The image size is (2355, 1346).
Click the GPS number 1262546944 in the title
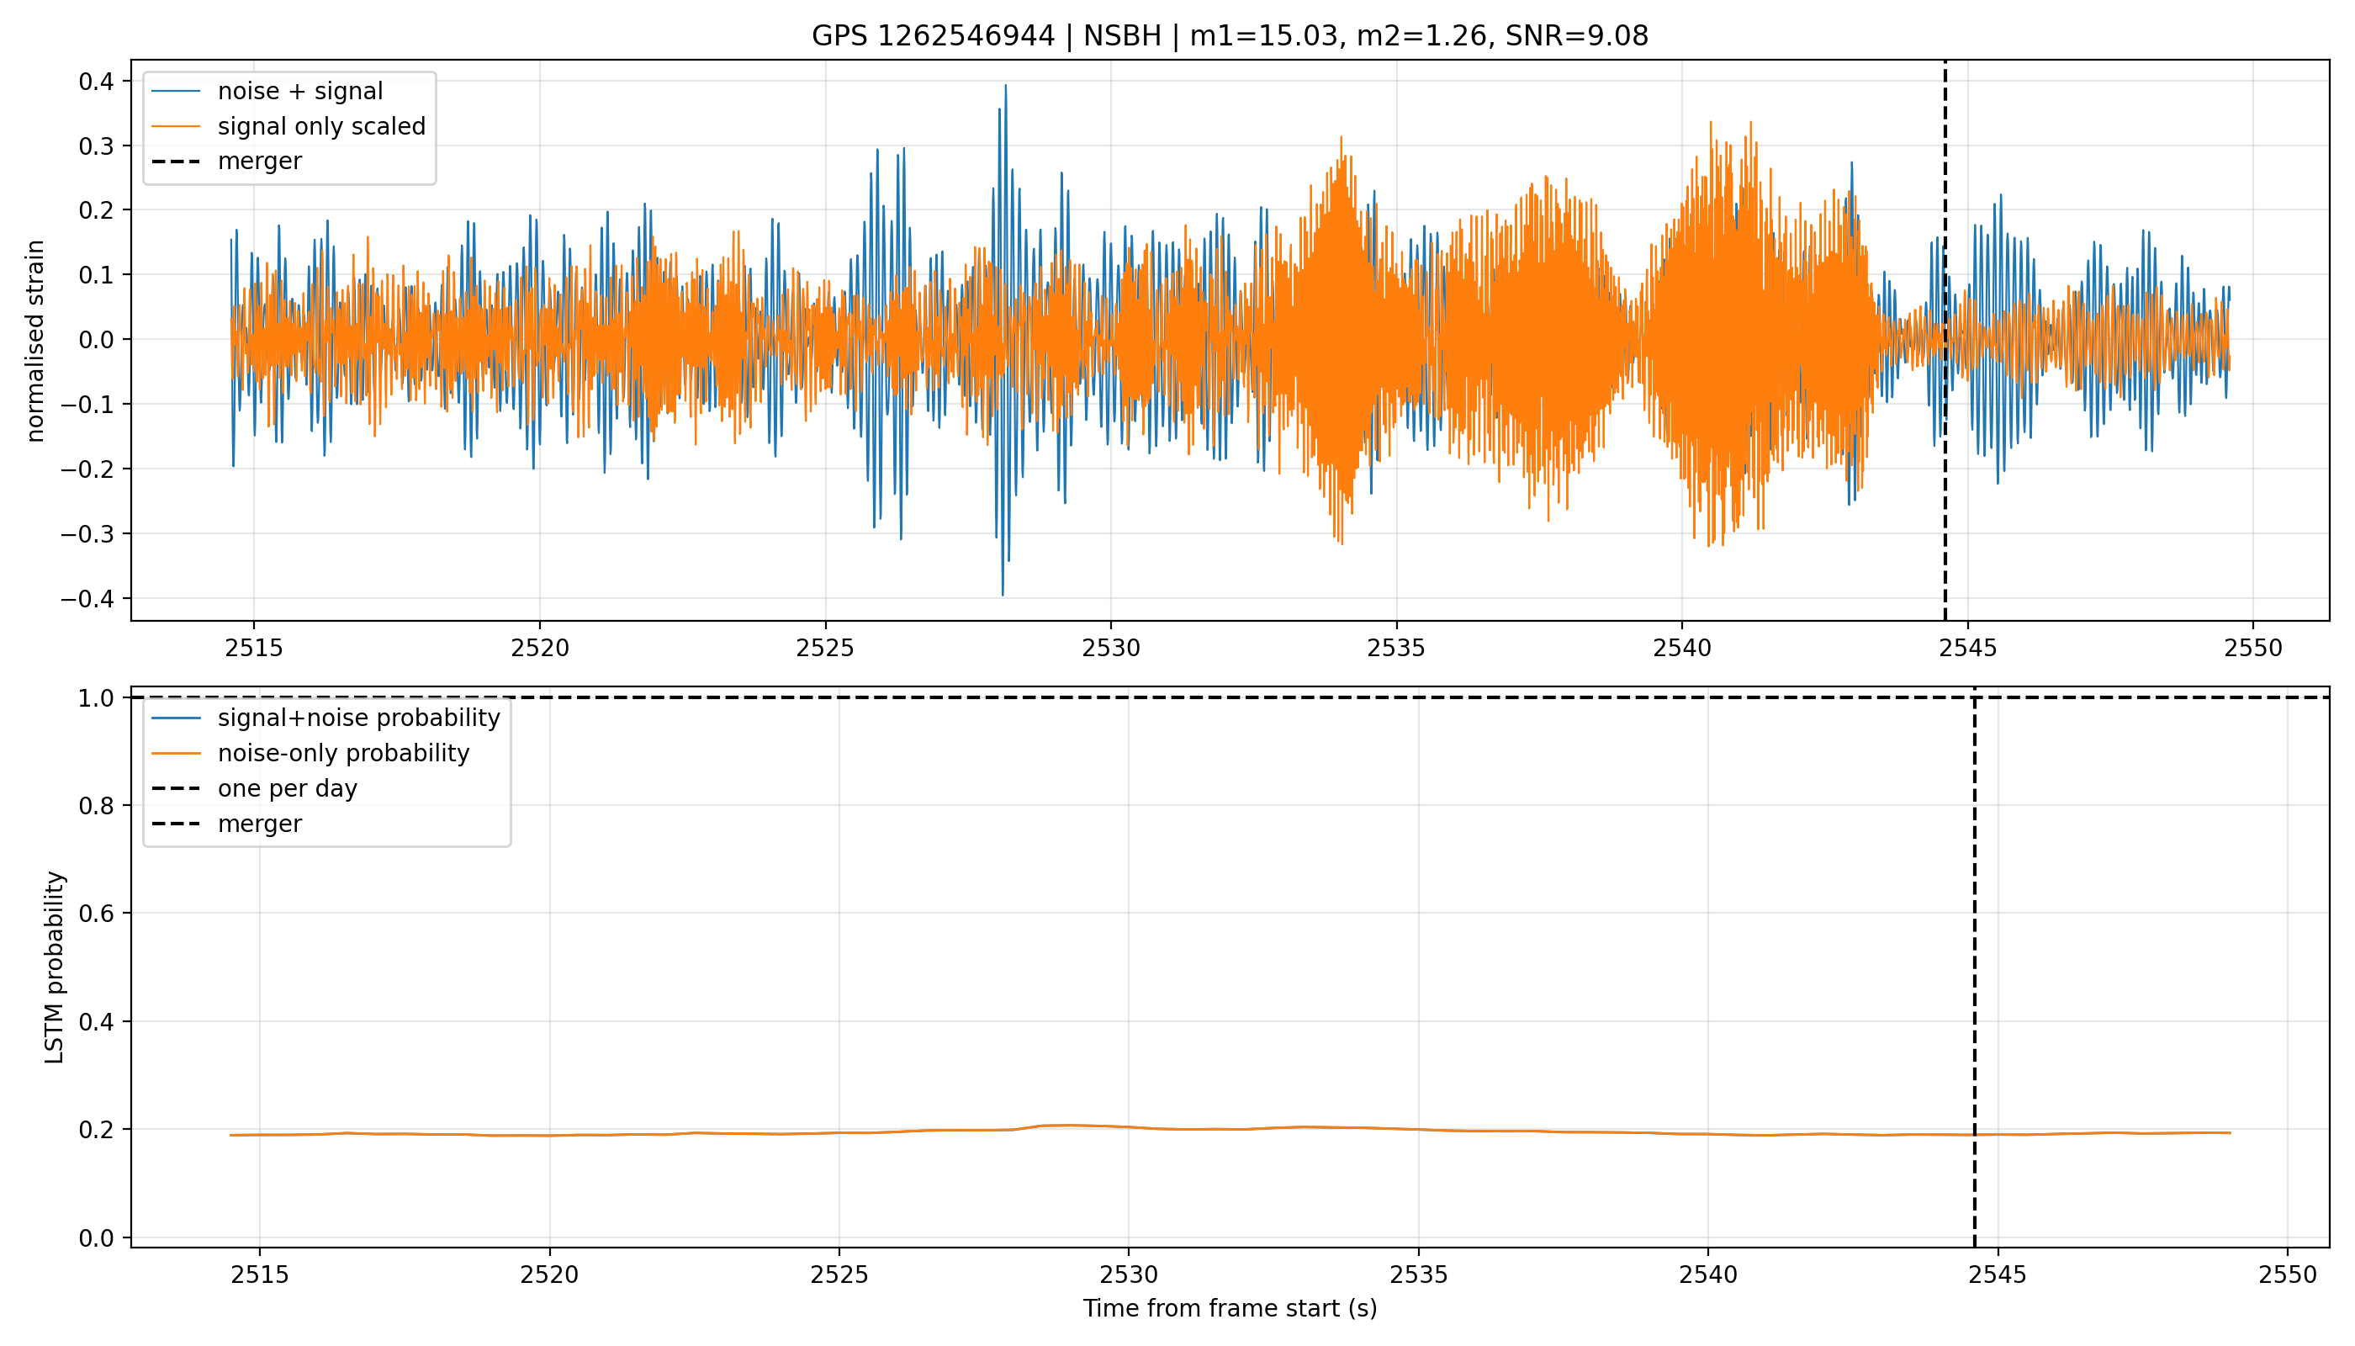[965, 36]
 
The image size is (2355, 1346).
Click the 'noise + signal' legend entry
[300, 92]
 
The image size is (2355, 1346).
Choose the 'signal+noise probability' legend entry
[358, 718]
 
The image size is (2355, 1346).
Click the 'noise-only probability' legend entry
[344, 754]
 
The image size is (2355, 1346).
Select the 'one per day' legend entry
[288, 788]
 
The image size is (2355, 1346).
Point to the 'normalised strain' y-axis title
[35, 341]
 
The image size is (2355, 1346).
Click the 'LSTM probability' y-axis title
[55, 967]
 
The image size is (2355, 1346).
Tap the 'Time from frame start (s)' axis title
[1230, 1308]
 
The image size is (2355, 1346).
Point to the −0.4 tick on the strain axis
[88, 598]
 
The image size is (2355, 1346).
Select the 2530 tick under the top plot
[1111, 648]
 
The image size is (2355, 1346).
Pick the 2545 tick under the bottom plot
[1998, 1274]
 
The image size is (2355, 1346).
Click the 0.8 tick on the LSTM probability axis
[97, 806]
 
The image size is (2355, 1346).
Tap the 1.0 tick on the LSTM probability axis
[97, 698]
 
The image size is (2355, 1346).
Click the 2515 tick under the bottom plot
[260, 1274]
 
